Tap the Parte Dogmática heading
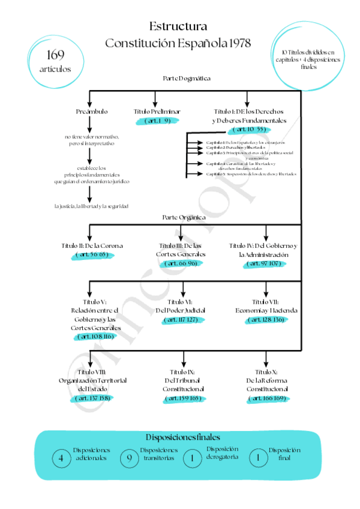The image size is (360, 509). pyautogui.click(x=186, y=79)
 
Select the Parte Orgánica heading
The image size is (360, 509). pyautogui.click(x=184, y=217)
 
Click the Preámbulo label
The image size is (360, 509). pyautogui.click(x=92, y=112)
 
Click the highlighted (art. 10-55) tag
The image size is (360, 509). pyautogui.click(x=249, y=129)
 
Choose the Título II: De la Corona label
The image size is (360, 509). pyautogui.click(x=92, y=245)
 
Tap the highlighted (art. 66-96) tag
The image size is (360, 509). pyautogui.click(x=182, y=263)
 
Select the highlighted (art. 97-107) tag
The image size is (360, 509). pyautogui.click(x=264, y=263)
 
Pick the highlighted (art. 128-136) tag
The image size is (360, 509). pyautogui.click(x=266, y=320)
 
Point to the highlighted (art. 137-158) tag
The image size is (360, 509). pyautogui.click(x=92, y=398)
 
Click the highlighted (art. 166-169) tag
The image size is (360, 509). pyautogui.click(x=266, y=398)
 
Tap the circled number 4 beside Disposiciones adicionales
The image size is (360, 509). pyautogui.click(x=61, y=459)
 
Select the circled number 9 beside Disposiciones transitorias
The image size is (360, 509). pyautogui.click(x=129, y=459)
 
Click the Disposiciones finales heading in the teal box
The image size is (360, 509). pyautogui.click(x=183, y=438)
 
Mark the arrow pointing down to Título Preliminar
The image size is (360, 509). pyautogui.click(x=155, y=99)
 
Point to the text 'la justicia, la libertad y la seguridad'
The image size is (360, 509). pyautogui.click(x=91, y=206)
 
